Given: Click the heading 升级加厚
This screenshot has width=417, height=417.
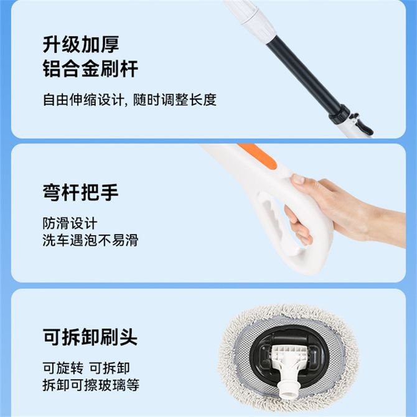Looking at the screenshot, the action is tap(81, 44).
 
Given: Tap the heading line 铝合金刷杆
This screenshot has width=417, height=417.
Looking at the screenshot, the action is tap(90, 68).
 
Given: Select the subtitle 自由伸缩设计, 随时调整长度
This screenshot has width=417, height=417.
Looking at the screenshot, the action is tap(130, 100).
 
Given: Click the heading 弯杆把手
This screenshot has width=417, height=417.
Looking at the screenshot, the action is tap(80, 192).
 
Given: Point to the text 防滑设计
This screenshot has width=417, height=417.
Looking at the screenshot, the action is tap(70, 223).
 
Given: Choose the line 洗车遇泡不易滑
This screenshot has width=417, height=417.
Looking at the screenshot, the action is tap(90, 240).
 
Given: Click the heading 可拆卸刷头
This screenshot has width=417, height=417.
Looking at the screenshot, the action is tap(90, 337).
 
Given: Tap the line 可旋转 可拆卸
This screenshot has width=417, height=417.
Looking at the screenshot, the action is tap(86, 368).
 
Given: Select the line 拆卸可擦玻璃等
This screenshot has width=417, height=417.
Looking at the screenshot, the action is tap(91, 385).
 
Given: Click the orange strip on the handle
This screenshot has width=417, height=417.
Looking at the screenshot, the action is tap(258, 156).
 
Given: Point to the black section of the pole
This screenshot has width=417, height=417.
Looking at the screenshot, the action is tap(304, 75).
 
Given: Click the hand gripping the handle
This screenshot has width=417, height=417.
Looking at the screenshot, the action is tap(345, 210).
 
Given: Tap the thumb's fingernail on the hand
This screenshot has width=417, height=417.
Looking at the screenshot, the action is tap(298, 179).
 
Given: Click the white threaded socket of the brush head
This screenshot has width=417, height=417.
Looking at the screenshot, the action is tap(287, 388).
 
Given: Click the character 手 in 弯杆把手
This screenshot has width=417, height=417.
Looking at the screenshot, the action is tap(110, 192).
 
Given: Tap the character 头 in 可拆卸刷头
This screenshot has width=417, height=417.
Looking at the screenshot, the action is tap(129, 337).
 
